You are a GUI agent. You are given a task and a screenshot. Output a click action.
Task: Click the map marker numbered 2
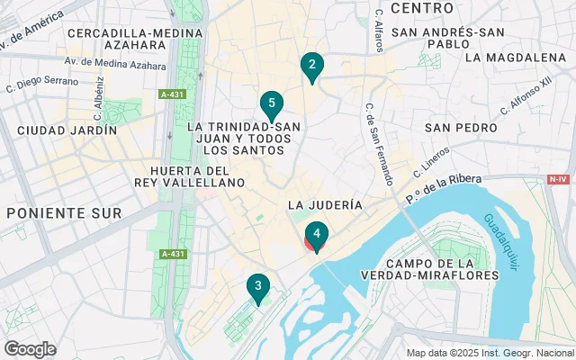click(x=311, y=66)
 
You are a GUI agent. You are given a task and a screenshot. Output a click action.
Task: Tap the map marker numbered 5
click(x=271, y=103)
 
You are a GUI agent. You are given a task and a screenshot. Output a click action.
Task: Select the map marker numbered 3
click(x=258, y=288)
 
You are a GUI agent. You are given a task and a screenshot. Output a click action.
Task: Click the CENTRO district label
click(x=422, y=8)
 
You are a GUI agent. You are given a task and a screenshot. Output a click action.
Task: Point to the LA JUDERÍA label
click(x=325, y=205)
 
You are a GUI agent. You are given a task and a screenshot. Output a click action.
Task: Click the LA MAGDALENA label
click(x=516, y=58)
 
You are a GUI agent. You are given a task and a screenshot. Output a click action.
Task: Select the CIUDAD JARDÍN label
click(x=60, y=130)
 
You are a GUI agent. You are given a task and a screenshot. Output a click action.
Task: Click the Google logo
click(x=30, y=348)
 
